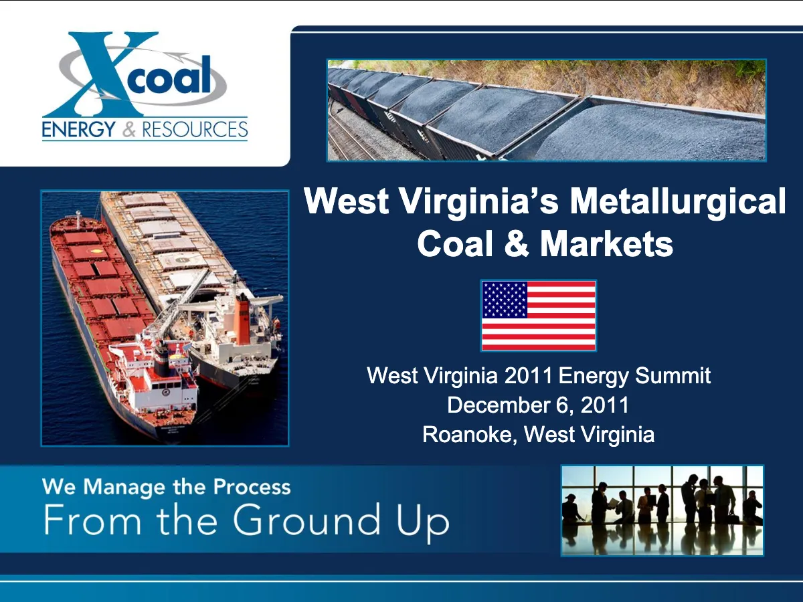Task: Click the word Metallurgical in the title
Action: (677, 201)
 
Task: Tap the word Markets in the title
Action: (606, 244)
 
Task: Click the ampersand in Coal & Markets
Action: (517, 244)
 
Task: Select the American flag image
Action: (539, 316)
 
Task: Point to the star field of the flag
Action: (505, 300)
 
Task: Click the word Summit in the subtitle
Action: (673, 376)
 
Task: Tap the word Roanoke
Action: (470, 435)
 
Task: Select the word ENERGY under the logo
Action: (79, 129)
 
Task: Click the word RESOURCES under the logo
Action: (195, 130)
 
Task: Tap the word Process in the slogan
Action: (252, 488)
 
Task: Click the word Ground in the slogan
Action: (306, 520)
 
